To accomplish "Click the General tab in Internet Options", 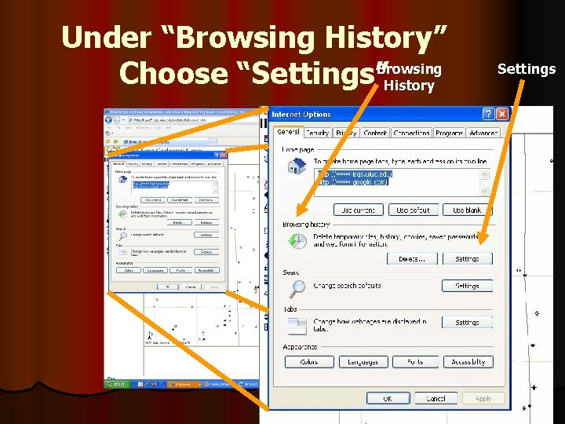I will click(x=288, y=133).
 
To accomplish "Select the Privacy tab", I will click(x=346, y=133).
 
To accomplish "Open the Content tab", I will click(x=375, y=133).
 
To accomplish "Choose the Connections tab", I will click(x=411, y=133).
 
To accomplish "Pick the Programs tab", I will click(x=449, y=133).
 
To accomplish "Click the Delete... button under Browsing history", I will click(x=412, y=258).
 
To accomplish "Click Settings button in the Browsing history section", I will click(x=467, y=258).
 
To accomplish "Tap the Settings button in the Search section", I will click(x=467, y=286).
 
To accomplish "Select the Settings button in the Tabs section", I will click(x=467, y=322).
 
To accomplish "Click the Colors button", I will click(x=309, y=362).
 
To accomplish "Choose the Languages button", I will click(x=363, y=362).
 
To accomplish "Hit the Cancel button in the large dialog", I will click(x=436, y=399).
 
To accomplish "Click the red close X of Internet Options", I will click(x=501, y=114).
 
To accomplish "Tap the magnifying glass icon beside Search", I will click(x=297, y=288).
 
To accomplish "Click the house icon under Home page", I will click(x=297, y=166).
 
